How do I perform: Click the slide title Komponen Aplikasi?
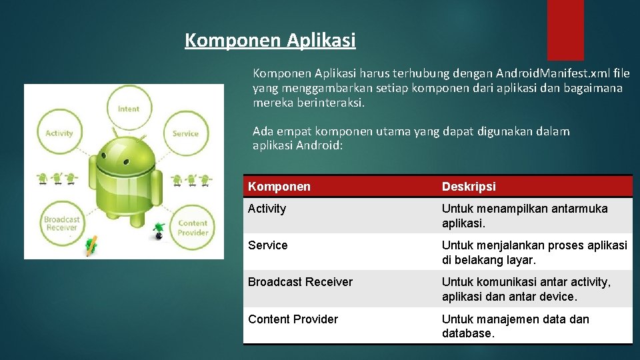pyautogui.click(x=270, y=41)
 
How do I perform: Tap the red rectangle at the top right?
pyautogui.click(x=565, y=29)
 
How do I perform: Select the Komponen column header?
pyautogui.click(x=279, y=187)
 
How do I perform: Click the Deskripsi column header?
pyautogui.click(x=469, y=187)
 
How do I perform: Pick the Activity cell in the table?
pyautogui.click(x=267, y=209)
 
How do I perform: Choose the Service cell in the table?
pyautogui.click(x=268, y=245)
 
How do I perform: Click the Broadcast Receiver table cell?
pyautogui.click(x=300, y=282)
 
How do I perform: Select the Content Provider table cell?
pyautogui.click(x=293, y=319)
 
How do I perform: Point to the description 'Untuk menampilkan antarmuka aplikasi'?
pyautogui.click(x=525, y=215)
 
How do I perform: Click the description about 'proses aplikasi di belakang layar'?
pyautogui.click(x=534, y=252)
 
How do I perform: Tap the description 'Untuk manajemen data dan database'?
pyautogui.click(x=515, y=326)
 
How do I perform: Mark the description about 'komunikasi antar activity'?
pyautogui.click(x=526, y=289)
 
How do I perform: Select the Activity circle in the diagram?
pyautogui.click(x=59, y=133)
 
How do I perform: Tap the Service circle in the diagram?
pyautogui.click(x=185, y=133)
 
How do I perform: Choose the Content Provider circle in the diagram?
pyautogui.click(x=193, y=228)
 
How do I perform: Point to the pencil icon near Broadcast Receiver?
pyautogui.click(x=91, y=245)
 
